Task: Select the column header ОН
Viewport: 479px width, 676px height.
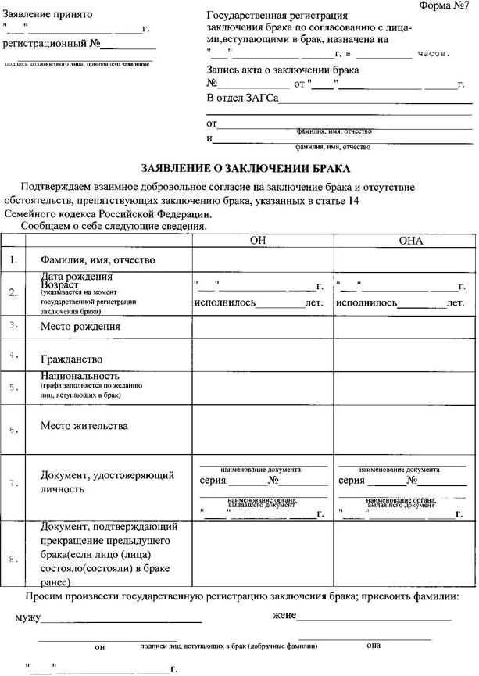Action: pyautogui.click(x=258, y=241)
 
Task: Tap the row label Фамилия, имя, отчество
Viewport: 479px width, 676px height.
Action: pyautogui.click(x=92, y=259)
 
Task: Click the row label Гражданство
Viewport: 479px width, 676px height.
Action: pyautogui.click(x=72, y=359)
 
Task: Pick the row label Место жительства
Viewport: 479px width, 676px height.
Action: pyautogui.click(x=84, y=426)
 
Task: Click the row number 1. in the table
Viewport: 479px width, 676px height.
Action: pyautogui.click(x=13, y=259)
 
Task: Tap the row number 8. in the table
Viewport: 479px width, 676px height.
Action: pyautogui.click(x=13, y=559)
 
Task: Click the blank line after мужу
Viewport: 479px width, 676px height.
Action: pyautogui.click(x=121, y=619)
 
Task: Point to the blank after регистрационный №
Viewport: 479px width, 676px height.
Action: pyautogui.click(x=123, y=48)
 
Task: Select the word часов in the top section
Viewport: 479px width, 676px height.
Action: pyautogui.click(x=434, y=54)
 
